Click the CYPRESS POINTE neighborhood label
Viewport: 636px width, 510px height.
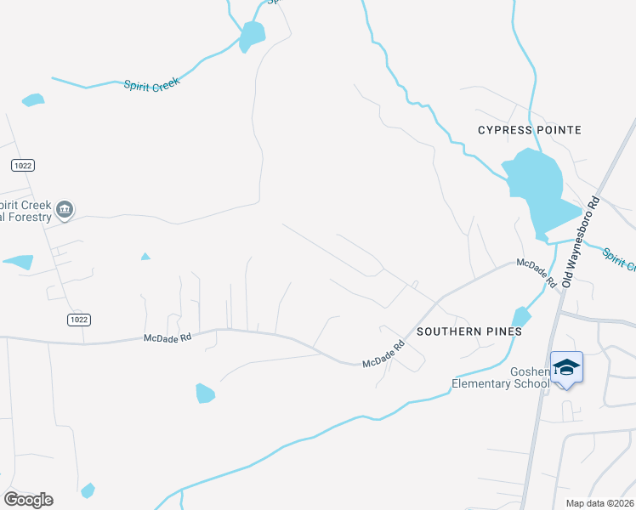click(529, 130)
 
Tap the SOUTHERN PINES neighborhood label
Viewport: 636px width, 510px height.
click(459, 331)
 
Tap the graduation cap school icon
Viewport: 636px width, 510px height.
click(566, 368)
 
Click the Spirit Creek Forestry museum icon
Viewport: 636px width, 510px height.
click(65, 209)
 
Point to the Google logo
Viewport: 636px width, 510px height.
click(28, 499)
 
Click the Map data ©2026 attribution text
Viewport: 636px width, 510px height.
click(600, 502)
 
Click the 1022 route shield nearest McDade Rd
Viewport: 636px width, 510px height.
click(77, 320)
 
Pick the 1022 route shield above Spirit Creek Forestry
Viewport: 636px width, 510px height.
click(23, 163)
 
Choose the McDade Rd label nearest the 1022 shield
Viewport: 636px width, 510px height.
click(169, 338)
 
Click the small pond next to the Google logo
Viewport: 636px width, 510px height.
click(88, 490)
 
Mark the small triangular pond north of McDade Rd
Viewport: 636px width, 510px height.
click(145, 256)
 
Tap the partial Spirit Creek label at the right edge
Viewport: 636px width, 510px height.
click(620, 258)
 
